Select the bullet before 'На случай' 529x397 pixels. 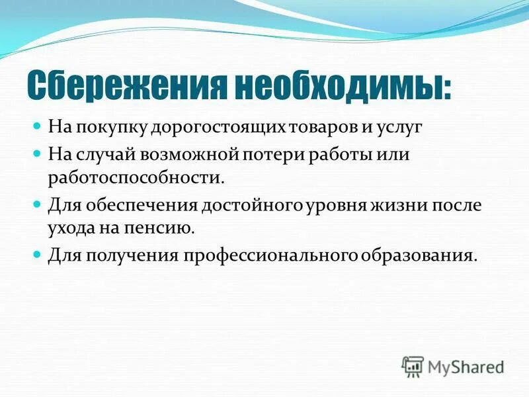38,154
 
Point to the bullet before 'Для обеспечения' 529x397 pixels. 38,204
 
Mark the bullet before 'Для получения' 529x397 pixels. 38,254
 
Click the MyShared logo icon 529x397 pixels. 413,366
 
